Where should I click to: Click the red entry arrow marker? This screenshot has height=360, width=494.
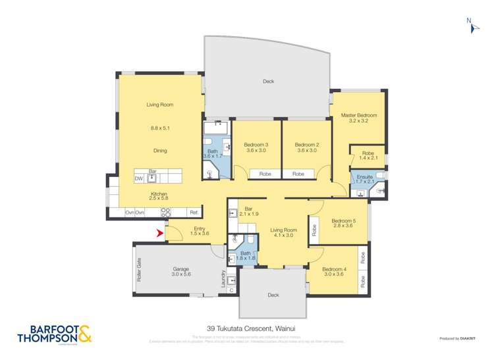[159, 232]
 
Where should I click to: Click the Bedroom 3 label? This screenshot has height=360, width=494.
[256, 145]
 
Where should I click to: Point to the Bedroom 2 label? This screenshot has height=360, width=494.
[307, 145]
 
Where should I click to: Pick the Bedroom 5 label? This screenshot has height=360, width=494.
[344, 221]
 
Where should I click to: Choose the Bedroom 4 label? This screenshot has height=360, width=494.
[335, 269]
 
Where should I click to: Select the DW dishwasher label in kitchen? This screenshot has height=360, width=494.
[139, 178]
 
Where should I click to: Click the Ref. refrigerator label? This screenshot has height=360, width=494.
[194, 213]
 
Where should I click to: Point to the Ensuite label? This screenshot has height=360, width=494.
[364, 177]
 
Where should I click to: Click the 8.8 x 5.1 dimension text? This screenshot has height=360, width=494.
[160, 128]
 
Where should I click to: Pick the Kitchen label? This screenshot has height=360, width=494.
[159, 194]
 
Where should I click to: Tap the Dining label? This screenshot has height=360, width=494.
[160, 151]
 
